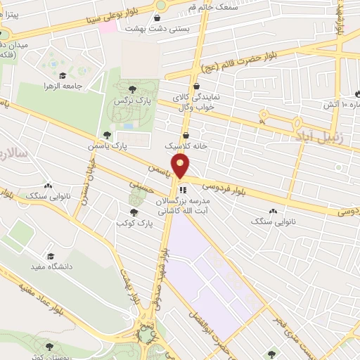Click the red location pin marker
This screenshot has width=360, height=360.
[182, 167]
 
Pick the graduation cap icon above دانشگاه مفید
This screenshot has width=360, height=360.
[50, 256]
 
